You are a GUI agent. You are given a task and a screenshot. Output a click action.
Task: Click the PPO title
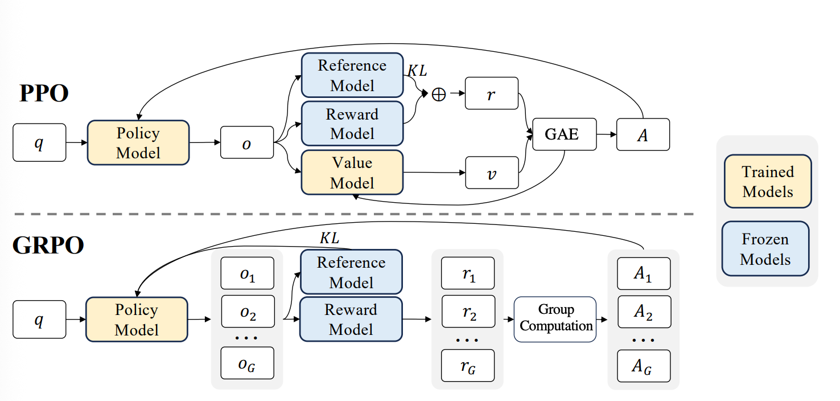[44, 93]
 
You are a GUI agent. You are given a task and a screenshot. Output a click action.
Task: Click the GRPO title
[48, 245]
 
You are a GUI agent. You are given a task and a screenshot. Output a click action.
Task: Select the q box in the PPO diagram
[39, 142]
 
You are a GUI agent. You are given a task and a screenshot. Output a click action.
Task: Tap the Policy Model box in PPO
[138, 142]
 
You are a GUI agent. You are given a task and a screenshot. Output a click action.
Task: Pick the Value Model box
[352, 173]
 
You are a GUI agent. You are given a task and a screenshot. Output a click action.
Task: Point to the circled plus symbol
[439, 94]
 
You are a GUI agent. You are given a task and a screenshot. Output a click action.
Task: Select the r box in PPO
[492, 93]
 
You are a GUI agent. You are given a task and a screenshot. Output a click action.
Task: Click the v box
[492, 173]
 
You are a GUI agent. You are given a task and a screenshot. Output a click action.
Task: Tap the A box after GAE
[643, 134]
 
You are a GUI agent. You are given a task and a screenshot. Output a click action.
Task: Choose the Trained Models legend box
[768, 181]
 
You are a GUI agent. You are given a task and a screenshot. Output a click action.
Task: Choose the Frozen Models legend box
[765, 248]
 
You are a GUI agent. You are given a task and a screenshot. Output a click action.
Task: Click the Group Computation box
[555, 319]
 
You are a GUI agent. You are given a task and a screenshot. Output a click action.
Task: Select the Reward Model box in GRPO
[351, 319]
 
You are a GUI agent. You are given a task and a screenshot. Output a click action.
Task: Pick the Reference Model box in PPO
[352, 75]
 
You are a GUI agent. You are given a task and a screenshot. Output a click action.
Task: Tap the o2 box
[248, 311]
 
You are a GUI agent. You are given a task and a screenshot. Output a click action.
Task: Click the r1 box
[468, 273]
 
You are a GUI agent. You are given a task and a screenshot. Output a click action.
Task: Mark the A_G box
[643, 366]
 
